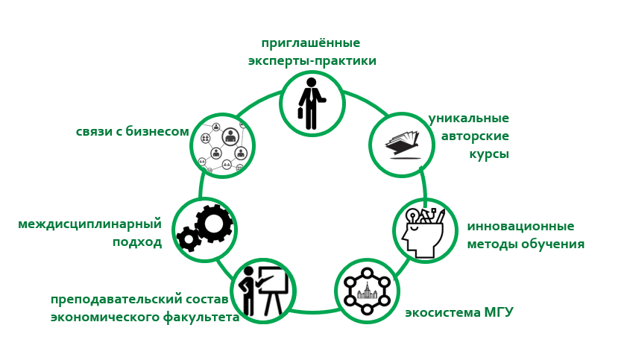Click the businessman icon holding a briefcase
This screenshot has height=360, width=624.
pos(311,104)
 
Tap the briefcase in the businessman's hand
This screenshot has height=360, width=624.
pos(300,113)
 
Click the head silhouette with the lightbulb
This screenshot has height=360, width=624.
pos(424,232)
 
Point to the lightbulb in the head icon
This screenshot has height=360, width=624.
pos(411,217)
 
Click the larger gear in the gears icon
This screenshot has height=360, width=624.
pos(214,223)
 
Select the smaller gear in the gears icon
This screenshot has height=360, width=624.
pos(188,239)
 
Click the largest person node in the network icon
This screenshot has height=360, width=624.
pos(230,136)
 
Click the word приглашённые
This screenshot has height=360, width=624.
pos(311,43)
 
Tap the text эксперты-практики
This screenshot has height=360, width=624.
pos(312,61)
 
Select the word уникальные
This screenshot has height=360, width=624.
pos(468,119)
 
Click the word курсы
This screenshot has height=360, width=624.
pos(489,154)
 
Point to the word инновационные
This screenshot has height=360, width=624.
pos(520,227)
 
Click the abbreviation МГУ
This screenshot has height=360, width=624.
pos(499,312)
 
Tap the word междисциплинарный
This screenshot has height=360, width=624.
pos(90,224)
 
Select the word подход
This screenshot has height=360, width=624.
pos(137,242)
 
